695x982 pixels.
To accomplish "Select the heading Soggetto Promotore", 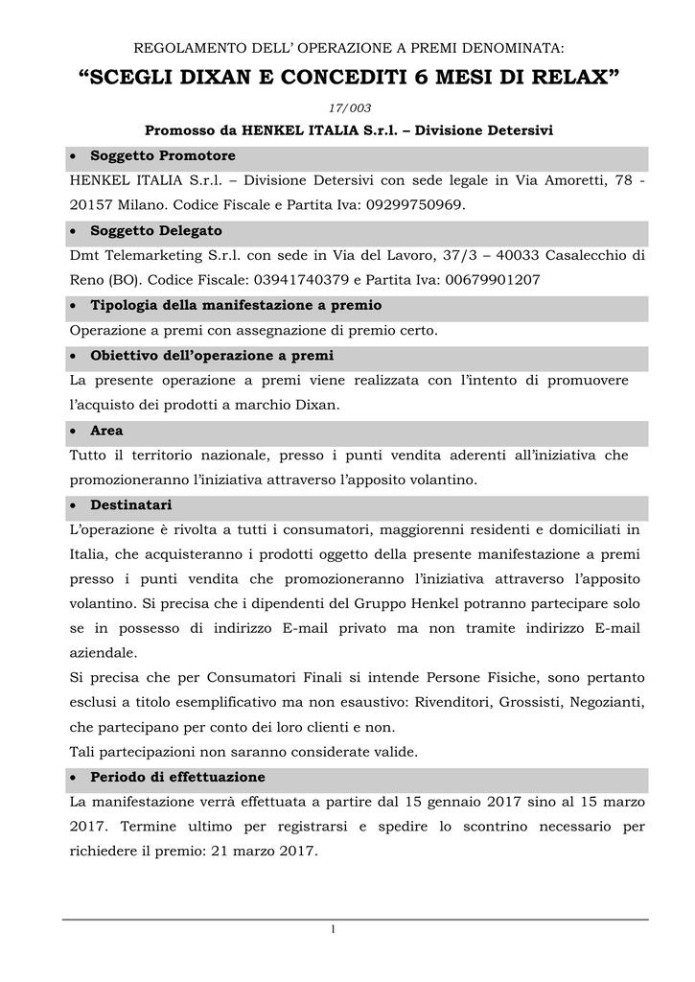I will tap(162, 155).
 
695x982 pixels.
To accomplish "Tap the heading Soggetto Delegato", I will tap(155, 230).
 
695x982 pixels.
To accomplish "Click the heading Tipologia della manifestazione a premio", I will tap(235, 305).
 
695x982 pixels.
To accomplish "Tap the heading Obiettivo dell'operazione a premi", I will tap(212, 355).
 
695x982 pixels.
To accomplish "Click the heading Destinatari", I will tap(131, 504).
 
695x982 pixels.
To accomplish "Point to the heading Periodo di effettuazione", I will tap(177, 776).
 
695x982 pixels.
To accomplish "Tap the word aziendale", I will tap(103, 652).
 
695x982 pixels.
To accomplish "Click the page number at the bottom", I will tap(332, 931).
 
